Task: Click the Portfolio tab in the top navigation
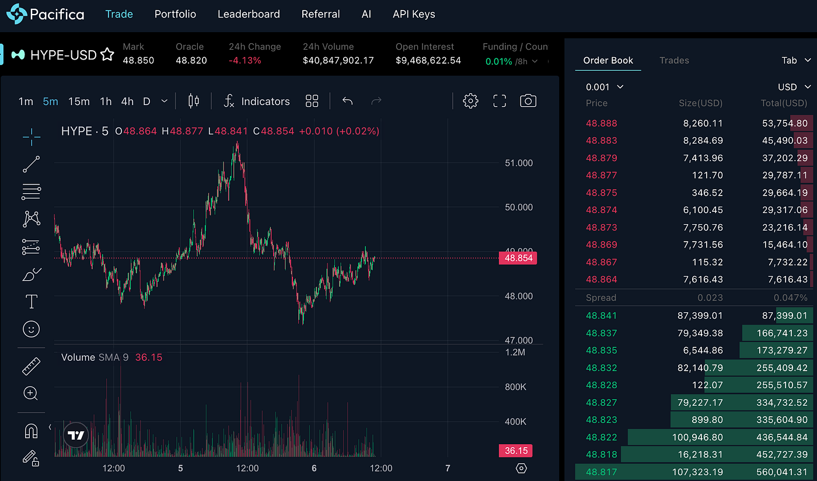175,14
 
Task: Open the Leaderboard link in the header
249,14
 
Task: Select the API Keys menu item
414,14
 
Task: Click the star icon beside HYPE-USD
107,55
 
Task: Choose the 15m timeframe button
79,102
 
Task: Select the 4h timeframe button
127,102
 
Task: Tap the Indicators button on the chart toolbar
257,102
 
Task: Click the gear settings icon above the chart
470,101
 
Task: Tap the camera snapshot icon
528,101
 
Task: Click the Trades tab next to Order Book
674,60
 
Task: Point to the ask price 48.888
601,123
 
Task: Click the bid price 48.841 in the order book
601,316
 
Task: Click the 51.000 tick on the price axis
518,163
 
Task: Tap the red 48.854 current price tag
517,258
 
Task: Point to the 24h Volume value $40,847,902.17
338,61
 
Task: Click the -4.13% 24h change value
245,61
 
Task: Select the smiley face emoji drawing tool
31,329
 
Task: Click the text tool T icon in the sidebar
31,302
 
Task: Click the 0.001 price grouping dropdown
605,87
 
